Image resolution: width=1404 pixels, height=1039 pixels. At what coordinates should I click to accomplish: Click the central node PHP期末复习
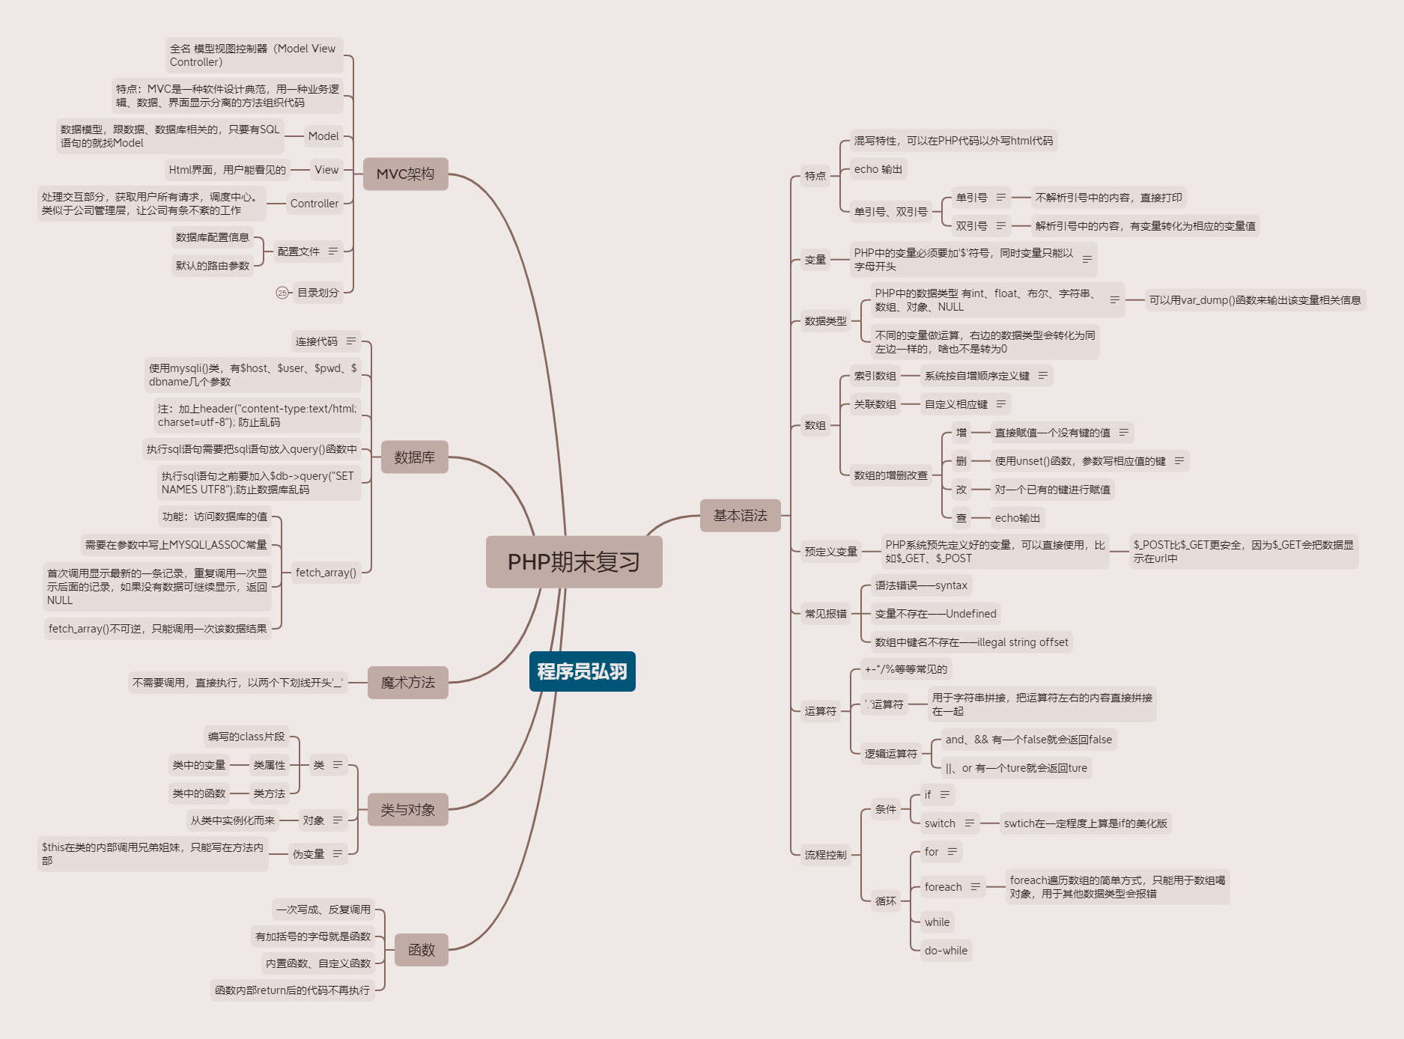point(574,561)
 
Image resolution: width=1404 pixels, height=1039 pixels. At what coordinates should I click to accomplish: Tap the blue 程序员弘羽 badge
point(582,671)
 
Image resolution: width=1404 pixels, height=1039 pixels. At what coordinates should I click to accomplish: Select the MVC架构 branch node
point(405,174)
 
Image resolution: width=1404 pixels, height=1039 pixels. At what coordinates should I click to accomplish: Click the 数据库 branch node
point(414,457)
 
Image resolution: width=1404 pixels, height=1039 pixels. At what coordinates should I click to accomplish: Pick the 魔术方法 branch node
point(407,682)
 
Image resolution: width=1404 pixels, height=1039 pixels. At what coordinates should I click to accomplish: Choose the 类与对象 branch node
point(407,809)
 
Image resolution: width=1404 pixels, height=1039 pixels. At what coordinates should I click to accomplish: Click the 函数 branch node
point(421,949)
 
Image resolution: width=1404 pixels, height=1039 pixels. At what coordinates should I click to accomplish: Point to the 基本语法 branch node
point(740,515)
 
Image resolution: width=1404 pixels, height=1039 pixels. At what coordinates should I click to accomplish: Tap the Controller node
point(314,204)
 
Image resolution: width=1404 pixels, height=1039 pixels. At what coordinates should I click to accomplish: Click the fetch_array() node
point(326,573)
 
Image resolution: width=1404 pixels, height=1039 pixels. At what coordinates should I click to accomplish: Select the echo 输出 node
point(878,169)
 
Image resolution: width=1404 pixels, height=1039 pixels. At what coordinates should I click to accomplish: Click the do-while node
point(946,951)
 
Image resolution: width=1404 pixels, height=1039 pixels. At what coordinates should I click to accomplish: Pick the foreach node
point(943,887)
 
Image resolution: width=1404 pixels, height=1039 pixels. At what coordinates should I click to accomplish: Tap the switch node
point(940,823)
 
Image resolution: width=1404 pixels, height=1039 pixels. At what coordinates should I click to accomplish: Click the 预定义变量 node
point(830,552)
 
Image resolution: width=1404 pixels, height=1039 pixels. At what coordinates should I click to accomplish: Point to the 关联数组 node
point(875,404)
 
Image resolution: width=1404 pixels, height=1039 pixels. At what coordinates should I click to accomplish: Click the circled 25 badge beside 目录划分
point(282,293)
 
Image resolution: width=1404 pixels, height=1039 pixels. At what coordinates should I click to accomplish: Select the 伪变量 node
point(309,854)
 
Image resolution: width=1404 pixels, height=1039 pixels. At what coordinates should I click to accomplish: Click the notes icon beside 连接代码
point(351,341)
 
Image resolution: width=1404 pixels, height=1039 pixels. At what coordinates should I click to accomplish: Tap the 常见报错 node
point(825,614)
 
